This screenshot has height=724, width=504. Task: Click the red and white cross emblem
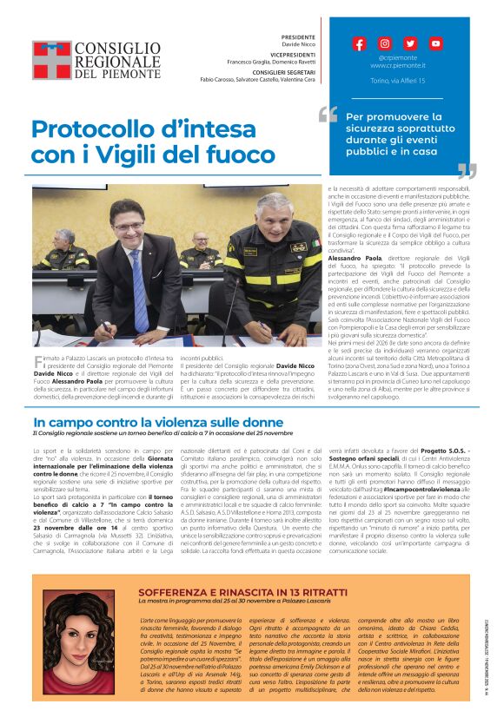pyautogui.click(x=51, y=60)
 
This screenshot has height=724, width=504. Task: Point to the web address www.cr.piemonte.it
pyautogui.click(x=397, y=65)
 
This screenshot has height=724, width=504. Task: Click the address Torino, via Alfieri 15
pyautogui.click(x=397, y=80)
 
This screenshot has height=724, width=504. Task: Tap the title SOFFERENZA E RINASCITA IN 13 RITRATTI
pyautogui.click(x=229, y=590)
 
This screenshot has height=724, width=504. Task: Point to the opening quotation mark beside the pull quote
pyautogui.click(x=328, y=115)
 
